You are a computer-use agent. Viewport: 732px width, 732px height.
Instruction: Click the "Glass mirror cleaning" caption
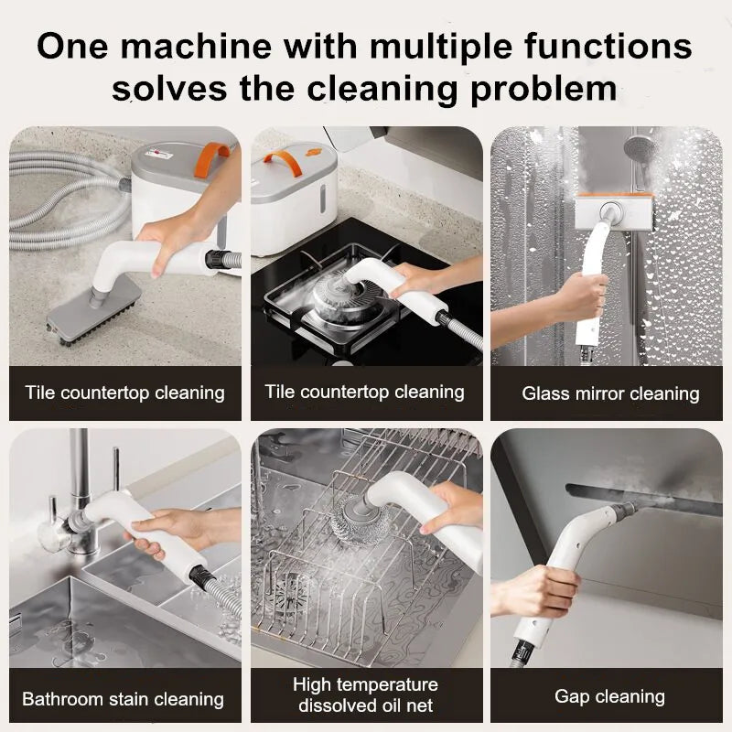click(610, 394)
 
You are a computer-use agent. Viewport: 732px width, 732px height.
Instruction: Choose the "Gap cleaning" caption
click(609, 696)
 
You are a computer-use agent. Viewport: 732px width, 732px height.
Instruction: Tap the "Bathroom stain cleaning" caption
click(123, 699)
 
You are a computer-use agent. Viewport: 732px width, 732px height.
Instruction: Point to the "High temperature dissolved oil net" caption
click(365, 694)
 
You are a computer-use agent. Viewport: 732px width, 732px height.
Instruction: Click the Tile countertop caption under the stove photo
click(365, 393)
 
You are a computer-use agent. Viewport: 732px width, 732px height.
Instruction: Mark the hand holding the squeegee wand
click(580, 297)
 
